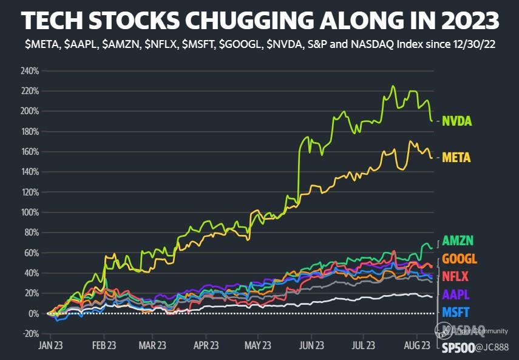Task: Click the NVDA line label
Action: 457,121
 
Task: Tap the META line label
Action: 457,157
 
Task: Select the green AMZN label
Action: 458,240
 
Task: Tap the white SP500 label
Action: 459,349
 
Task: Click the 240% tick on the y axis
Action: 29,71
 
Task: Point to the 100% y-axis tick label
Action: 29,212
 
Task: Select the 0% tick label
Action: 33,314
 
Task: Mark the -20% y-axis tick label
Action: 29,334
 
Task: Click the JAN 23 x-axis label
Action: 52,345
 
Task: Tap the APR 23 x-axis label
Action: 206,345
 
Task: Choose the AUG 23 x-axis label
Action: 417,345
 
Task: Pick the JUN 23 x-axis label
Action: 311,345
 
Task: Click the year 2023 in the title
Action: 469,21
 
